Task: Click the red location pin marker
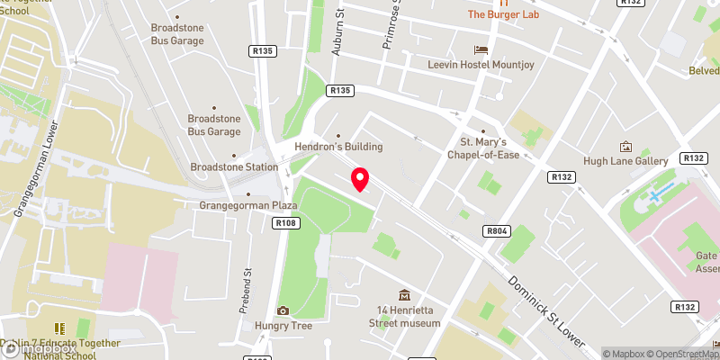pyautogui.click(x=360, y=179)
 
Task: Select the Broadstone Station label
pyautogui.click(x=234, y=167)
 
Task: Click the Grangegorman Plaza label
pyautogui.click(x=247, y=205)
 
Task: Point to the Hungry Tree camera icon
pyautogui.click(x=283, y=310)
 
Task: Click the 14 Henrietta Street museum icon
pyautogui.click(x=404, y=295)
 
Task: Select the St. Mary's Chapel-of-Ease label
pyautogui.click(x=484, y=148)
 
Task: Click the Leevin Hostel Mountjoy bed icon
pyautogui.click(x=482, y=49)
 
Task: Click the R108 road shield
pyautogui.click(x=286, y=222)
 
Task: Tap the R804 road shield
pyautogui.click(x=496, y=231)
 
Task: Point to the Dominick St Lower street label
pyautogui.click(x=547, y=310)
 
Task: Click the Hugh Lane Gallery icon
pyautogui.click(x=626, y=146)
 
